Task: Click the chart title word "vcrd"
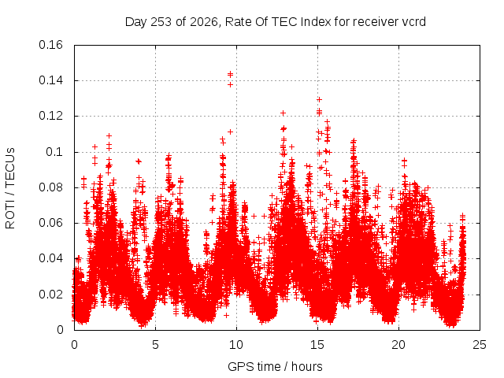413,22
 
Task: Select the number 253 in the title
161,22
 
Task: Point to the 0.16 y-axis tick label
50,45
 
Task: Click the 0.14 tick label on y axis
50,80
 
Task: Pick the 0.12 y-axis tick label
50,116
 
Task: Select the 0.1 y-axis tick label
54,152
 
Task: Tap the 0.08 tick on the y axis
50,187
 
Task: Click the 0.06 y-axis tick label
50,223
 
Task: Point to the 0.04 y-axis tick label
50,258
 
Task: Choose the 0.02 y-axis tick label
50,294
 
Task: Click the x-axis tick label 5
156,345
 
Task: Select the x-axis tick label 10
236,345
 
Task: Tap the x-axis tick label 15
317,345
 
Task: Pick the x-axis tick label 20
398,345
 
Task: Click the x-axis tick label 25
480,345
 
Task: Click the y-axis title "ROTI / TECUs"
10,188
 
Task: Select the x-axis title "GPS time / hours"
275,366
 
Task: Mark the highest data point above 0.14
230,74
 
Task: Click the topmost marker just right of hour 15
319,100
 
